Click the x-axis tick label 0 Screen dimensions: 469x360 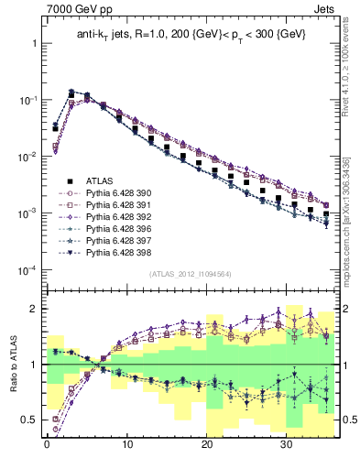coord(46,450)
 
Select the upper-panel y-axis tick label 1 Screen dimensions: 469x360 coord(30,43)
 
